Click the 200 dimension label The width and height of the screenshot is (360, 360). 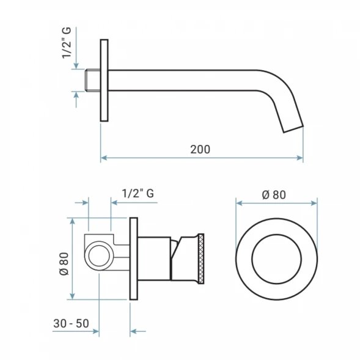pyautogui.click(x=200, y=149)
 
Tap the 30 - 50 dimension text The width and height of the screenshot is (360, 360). pyautogui.click(x=71, y=323)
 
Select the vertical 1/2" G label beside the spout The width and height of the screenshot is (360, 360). pyautogui.click(x=67, y=43)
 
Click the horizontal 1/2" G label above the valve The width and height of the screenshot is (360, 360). pyautogui.click(x=138, y=193)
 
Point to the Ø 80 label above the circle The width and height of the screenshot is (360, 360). pyautogui.click(x=274, y=195)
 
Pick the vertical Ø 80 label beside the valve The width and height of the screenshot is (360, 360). pyautogui.click(x=64, y=263)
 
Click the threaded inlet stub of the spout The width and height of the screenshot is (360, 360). pyautogui.click(x=92, y=80)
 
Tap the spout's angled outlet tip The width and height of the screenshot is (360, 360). pyautogui.click(x=293, y=129)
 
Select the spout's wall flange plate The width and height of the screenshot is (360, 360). pyautogui.click(x=105, y=80)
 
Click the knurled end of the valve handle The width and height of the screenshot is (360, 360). pyautogui.click(x=201, y=259)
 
